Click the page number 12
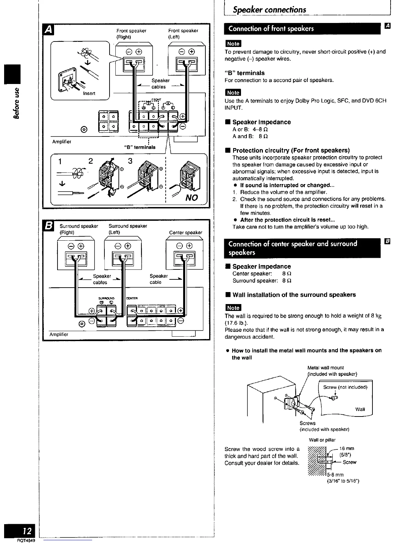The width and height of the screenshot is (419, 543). pyautogui.click(x=27, y=531)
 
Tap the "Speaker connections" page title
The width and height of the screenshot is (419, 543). pyautogui.click(x=269, y=10)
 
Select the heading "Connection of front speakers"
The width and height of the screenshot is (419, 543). pyautogui.click(x=271, y=28)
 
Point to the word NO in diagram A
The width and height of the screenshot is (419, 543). pyautogui.click(x=191, y=197)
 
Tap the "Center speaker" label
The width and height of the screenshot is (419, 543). pyautogui.click(x=186, y=232)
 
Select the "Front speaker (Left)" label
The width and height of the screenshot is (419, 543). pyautogui.click(x=183, y=34)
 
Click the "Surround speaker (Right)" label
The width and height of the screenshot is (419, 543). pyautogui.click(x=79, y=229)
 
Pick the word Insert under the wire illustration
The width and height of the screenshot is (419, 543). pyautogui.click(x=89, y=93)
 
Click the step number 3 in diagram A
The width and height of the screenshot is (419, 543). pyautogui.click(x=130, y=161)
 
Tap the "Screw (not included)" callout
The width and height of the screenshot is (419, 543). pyautogui.click(x=345, y=387)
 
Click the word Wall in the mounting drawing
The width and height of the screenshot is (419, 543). pyautogui.click(x=360, y=409)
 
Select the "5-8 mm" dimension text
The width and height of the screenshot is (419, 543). pyautogui.click(x=335, y=475)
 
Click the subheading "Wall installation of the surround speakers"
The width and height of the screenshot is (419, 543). pyautogui.click(x=294, y=295)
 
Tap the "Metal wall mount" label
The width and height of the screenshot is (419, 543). pyautogui.click(x=326, y=367)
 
